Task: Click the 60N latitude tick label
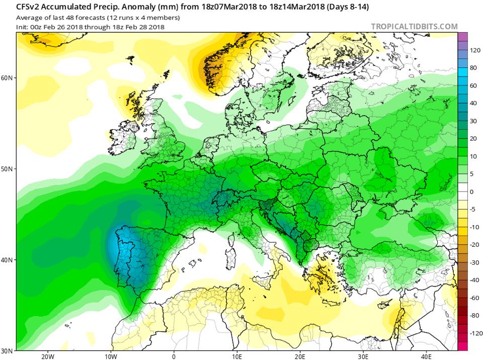pos(7,78)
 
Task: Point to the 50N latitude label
pos(7,169)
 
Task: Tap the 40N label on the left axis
pos(7,260)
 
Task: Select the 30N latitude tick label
pos(7,351)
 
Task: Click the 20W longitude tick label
pos(48,356)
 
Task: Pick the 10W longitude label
pos(111,356)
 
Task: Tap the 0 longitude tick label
pos(174,356)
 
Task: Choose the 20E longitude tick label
pos(300,356)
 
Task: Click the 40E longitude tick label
pos(426,356)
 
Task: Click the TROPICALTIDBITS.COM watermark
pos(414,27)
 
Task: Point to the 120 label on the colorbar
pos(475,50)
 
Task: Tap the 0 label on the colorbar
pos(471,192)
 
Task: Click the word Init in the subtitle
pos(22,27)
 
